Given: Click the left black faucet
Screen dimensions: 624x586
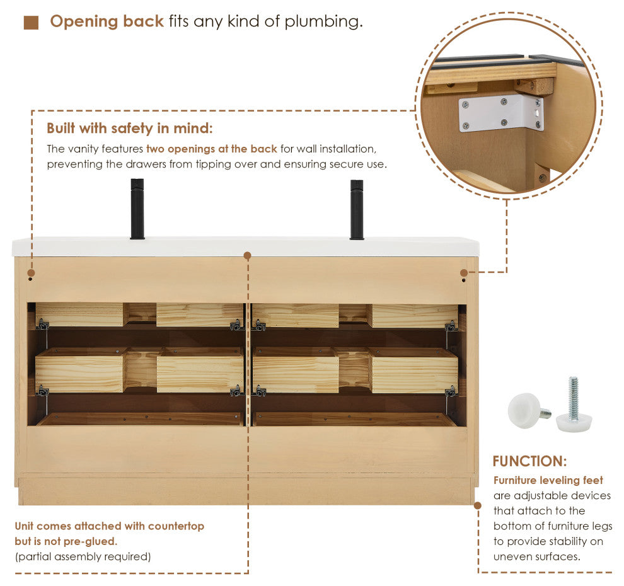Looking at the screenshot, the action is [x=137, y=209].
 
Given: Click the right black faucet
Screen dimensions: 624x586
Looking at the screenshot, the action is [x=357, y=210].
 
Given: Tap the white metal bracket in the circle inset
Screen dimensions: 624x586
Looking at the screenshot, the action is [x=502, y=113].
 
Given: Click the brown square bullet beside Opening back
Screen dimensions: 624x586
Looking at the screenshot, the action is [x=31, y=23].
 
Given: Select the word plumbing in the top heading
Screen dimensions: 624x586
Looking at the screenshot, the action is [x=323, y=21].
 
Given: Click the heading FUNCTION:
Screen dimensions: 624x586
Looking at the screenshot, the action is [x=529, y=461].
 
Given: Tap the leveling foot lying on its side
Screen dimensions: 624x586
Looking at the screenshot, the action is [x=528, y=411].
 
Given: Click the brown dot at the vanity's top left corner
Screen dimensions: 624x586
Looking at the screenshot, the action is [x=31, y=273].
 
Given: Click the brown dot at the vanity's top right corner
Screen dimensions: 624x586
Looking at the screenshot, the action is [x=464, y=273].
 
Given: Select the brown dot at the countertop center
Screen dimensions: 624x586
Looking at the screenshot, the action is [x=247, y=255].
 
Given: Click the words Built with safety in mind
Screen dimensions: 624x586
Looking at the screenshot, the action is [x=130, y=128].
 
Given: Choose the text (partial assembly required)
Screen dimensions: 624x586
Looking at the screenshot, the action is [x=83, y=556].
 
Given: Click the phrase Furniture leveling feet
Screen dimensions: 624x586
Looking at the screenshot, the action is [x=548, y=480].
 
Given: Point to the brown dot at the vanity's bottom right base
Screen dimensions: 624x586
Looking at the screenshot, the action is [x=478, y=505].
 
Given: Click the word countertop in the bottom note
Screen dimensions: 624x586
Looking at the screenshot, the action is [x=176, y=526].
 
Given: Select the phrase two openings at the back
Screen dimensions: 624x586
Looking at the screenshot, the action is [x=212, y=149].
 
